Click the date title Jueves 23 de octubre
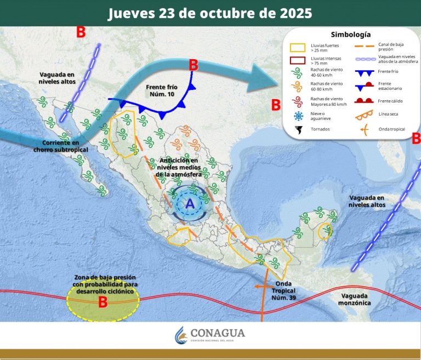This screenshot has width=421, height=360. pyautogui.click(x=210, y=13)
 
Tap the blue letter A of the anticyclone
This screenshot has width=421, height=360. pyautogui.click(x=190, y=204)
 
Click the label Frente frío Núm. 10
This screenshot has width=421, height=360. pyautogui.click(x=163, y=91)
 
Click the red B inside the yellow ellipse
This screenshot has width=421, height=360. pyautogui.click(x=103, y=301)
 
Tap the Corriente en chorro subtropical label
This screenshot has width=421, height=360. pyautogui.click(x=61, y=146)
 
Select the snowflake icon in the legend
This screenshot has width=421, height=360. pyautogui.click(x=299, y=116)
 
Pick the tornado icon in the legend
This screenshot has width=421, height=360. pyautogui.click(x=299, y=130)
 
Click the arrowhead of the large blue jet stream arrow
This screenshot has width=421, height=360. pyautogui.click(x=263, y=77)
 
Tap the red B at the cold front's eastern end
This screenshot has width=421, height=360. pyautogui.click(x=193, y=65)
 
